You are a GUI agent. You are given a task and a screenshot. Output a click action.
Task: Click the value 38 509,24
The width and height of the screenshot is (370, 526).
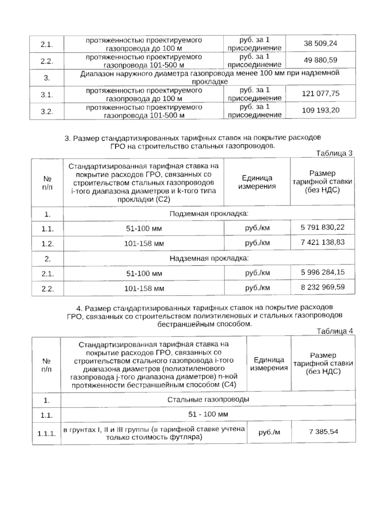click(320, 43)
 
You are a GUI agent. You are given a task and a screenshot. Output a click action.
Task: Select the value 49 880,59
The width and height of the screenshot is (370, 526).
click(320, 60)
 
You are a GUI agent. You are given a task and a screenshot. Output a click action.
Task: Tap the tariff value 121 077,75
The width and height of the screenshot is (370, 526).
click(320, 93)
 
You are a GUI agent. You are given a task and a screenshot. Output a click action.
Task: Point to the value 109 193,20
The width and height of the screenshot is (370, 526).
click(320, 110)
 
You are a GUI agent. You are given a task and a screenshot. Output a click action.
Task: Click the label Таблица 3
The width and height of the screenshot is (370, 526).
click(334, 153)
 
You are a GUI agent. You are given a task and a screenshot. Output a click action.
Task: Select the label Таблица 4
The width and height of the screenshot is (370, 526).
click(335, 331)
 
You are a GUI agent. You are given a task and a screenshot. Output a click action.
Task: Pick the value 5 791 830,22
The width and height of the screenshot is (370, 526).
click(322, 228)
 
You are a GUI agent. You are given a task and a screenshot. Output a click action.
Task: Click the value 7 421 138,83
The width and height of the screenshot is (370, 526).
click(322, 242)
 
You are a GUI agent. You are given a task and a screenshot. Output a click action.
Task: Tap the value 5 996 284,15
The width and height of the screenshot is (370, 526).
click(322, 272)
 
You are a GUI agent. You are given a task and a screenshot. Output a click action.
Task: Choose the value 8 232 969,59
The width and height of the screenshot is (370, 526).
click(322, 287)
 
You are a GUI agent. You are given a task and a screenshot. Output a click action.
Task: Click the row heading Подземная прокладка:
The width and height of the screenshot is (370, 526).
click(209, 214)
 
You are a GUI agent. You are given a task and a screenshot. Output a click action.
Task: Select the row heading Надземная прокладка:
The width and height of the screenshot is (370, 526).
click(209, 258)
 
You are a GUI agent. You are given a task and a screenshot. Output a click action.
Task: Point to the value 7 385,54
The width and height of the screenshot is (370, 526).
click(323, 432)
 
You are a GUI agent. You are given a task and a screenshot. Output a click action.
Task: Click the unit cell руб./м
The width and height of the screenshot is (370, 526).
click(269, 432)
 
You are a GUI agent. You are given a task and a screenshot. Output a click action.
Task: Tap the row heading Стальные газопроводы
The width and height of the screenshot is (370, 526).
click(208, 400)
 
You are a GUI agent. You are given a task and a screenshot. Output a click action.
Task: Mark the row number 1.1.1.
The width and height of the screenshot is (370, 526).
click(47, 434)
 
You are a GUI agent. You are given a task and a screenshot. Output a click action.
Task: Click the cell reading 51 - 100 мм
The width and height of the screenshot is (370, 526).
click(208, 414)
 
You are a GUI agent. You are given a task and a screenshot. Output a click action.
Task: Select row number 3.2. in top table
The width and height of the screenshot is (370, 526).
click(47, 111)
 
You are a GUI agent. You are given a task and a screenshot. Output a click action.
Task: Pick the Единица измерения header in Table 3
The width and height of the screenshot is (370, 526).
click(257, 182)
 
